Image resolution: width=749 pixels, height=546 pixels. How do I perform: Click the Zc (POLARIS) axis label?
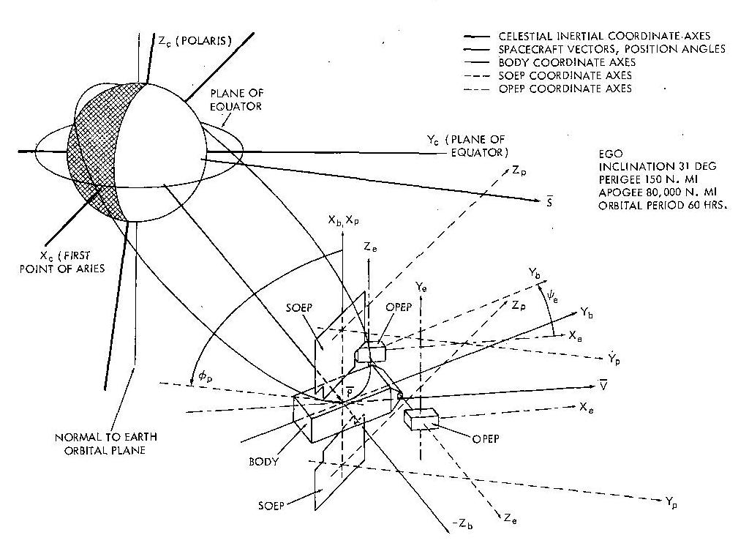(194, 42)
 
